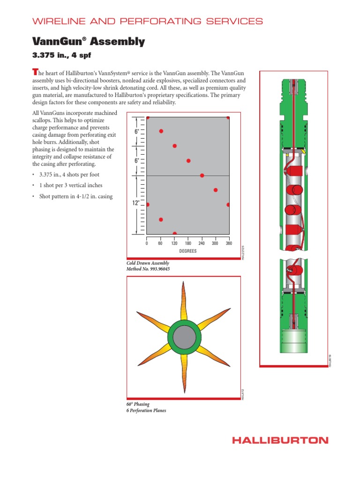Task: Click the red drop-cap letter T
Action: (x=34, y=72)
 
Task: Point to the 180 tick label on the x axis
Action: (x=188, y=243)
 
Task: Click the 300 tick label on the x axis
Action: (x=215, y=243)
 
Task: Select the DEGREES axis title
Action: (x=187, y=251)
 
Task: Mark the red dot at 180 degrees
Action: (x=188, y=161)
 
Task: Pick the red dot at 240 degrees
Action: (x=202, y=175)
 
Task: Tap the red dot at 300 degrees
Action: (x=216, y=190)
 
